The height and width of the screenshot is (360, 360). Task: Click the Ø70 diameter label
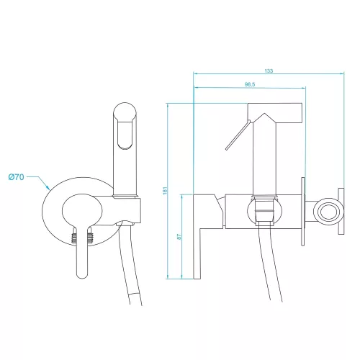tap(16, 177)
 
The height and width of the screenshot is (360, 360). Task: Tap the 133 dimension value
tap(269, 71)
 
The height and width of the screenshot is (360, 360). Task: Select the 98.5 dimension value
tap(250, 84)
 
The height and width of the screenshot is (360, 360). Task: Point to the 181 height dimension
tap(165, 190)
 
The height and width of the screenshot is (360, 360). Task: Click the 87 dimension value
tap(179, 237)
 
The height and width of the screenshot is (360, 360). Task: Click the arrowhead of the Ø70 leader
tap(48, 188)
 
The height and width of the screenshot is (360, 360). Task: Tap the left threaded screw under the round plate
tap(74, 237)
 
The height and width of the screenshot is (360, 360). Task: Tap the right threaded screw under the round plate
tap(90, 237)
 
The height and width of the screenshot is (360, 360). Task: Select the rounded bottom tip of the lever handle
tap(82, 276)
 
